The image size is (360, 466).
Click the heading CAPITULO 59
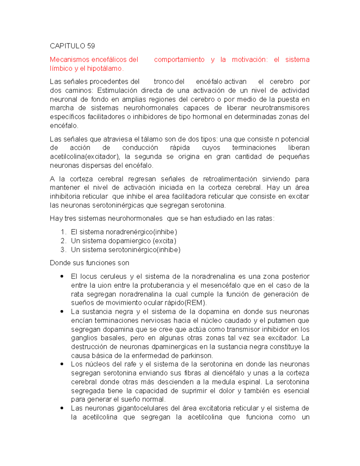[x=72, y=46]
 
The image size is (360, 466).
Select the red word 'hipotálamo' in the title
[x=104, y=69]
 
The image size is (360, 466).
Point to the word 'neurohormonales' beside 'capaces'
[x=151, y=108]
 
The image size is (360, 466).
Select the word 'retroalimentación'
[x=230, y=179]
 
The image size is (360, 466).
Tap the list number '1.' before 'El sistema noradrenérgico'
[x=63, y=232]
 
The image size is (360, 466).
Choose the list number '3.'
[x=63, y=250]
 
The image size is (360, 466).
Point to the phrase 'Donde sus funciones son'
[x=89, y=263]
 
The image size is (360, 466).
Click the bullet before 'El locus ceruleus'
[x=62, y=276]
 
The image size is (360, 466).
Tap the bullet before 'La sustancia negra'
[x=62, y=312]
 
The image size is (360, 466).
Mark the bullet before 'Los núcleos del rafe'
[x=62, y=364]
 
